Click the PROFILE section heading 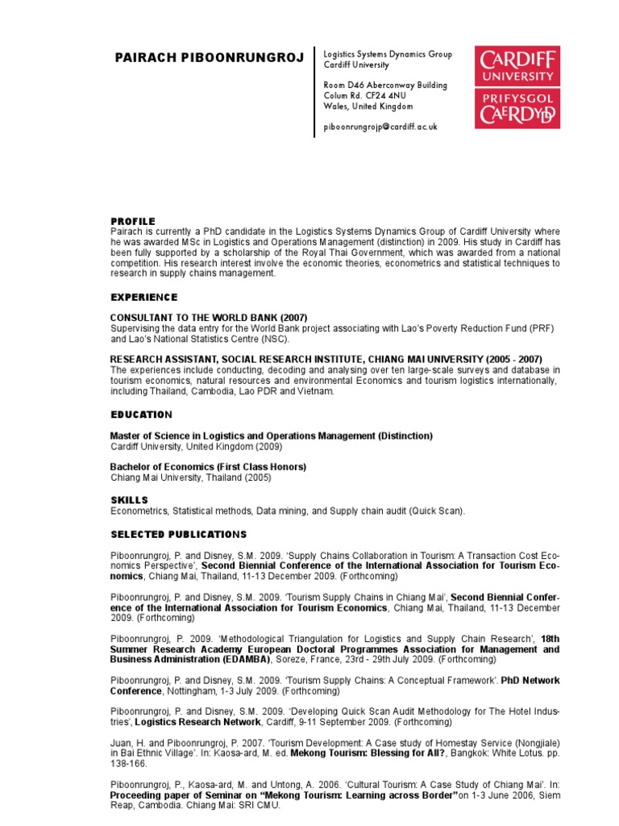(132, 221)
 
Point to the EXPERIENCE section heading (143, 298)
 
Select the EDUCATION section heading (141, 415)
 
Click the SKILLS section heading (129, 500)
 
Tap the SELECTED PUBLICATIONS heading (178, 535)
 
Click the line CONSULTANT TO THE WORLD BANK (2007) (209, 317)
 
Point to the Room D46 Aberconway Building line (385, 85)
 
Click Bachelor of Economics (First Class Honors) (208, 466)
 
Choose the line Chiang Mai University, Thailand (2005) (190, 478)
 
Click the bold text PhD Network (530, 680)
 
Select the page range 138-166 (128, 763)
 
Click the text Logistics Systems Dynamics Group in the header (388, 54)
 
